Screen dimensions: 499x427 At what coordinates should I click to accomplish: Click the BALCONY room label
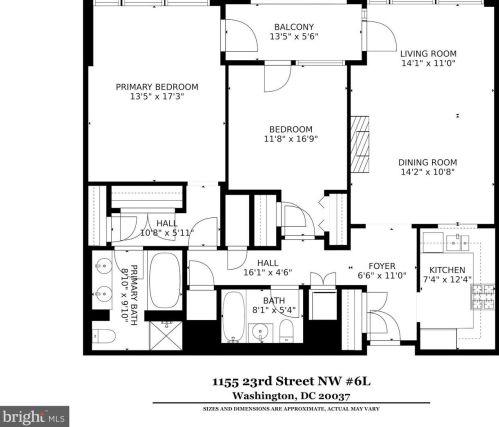click(x=294, y=27)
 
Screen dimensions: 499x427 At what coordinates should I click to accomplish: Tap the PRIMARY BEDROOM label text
click(x=157, y=87)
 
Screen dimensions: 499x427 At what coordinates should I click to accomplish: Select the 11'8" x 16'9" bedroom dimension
click(x=291, y=139)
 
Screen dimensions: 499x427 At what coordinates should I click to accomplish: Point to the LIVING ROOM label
click(x=428, y=54)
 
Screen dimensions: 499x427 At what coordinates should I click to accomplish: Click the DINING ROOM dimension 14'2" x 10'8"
click(x=428, y=172)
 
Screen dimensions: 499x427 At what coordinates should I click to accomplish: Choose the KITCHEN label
click(x=447, y=270)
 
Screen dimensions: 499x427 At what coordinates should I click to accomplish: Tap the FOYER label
click(x=382, y=266)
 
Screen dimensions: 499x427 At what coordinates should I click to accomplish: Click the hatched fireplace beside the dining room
click(x=360, y=144)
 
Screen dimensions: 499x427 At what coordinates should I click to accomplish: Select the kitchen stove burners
click(x=482, y=297)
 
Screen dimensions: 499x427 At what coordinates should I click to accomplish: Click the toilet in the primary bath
click(x=104, y=336)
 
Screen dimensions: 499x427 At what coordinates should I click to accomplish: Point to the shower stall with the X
click(x=165, y=335)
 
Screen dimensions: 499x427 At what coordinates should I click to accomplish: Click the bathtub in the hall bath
click(x=234, y=317)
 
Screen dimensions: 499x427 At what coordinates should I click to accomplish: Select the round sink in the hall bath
click(x=260, y=332)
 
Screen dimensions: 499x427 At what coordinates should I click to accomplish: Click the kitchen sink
click(x=456, y=242)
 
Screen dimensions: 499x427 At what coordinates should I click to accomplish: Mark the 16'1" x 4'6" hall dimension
click(x=268, y=273)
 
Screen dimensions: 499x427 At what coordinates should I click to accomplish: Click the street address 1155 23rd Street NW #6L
click(x=291, y=381)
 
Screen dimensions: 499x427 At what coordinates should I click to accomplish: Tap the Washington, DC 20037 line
click(x=291, y=396)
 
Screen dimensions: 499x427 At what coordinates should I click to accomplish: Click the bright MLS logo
click(x=34, y=417)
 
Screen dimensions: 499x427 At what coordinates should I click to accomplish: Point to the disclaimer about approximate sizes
click(x=291, y=409)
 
